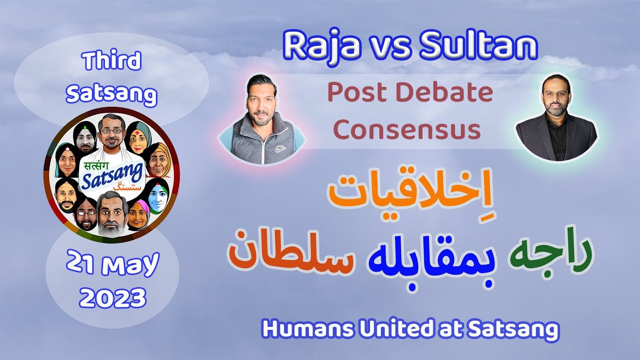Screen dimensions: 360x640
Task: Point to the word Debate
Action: [x=452, y=93]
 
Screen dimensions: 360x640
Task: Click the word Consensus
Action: [x=407, y=130]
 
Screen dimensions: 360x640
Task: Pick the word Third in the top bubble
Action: [x=112, y=62]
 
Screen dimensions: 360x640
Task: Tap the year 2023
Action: [x=113, y=299]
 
